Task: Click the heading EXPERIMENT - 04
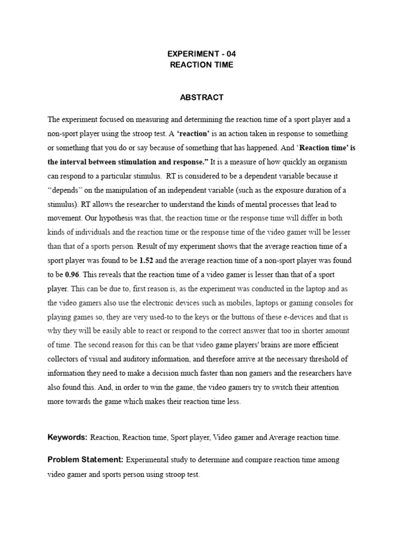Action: coord(202,54)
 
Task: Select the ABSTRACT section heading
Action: coord(202,97)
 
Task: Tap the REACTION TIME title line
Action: coord(202,65)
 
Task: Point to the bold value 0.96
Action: coord(72,275)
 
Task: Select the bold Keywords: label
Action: coord(67,437)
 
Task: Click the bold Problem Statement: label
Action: coord(85,460)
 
